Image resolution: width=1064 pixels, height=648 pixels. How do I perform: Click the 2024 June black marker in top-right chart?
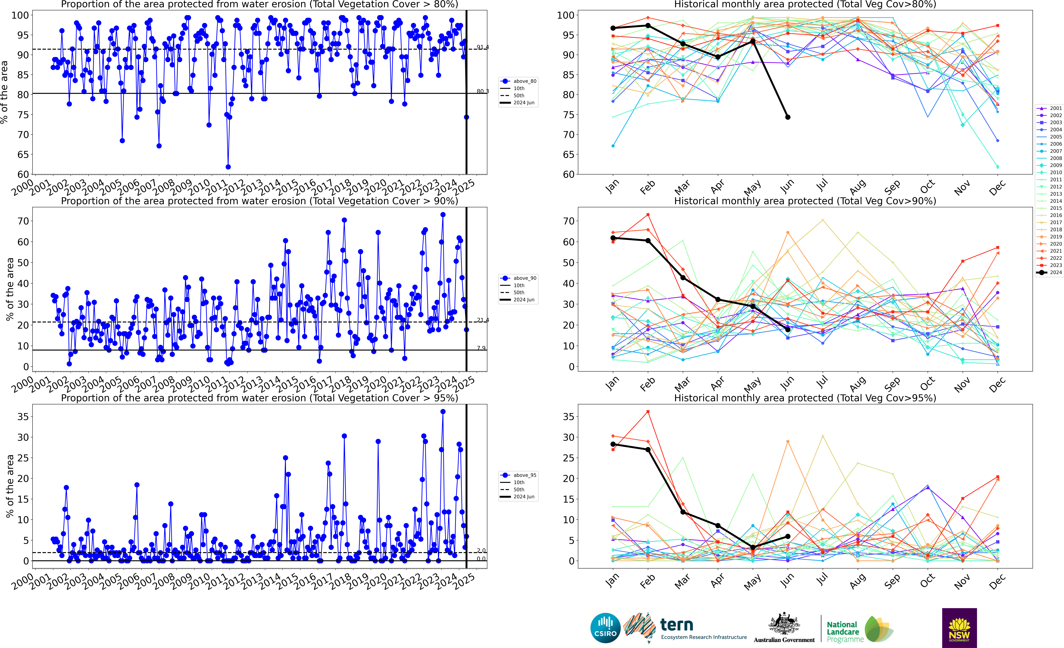pyautogui.click(x=788, y=117)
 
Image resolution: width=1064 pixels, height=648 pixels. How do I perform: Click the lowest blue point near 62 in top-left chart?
pyautogui.click(x=228, y=167)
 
